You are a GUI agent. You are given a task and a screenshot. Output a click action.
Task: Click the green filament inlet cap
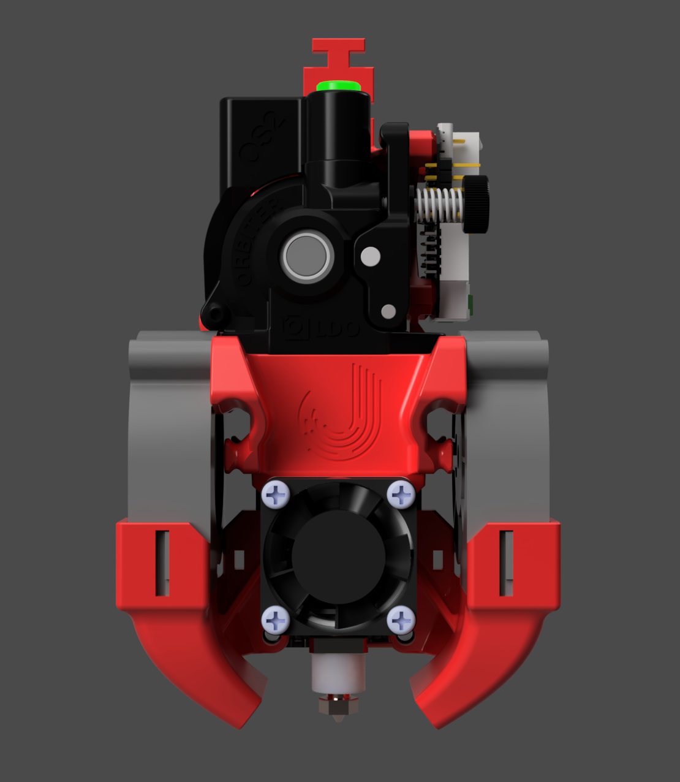coord(338,86)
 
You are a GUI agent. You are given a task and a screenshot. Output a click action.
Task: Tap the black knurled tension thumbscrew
coord(476,205)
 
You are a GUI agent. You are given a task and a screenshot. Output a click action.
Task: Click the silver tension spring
coord(439,205)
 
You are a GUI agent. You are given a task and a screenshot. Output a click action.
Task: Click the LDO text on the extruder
coord(337,330)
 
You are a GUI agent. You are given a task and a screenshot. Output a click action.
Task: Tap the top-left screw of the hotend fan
coord(276,493)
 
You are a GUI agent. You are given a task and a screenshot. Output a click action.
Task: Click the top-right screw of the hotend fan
coord(401,493)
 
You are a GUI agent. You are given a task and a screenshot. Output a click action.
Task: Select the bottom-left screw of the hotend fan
coord(276,620)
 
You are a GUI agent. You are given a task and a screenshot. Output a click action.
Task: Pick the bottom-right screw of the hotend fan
coord(401,620)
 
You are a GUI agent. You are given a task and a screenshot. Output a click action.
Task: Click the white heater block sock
coord(338,674)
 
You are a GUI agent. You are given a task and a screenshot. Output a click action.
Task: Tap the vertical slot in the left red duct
coord(162,563)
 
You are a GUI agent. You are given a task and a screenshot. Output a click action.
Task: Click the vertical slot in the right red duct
coord(506,563)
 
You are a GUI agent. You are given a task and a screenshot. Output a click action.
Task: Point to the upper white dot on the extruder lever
coord(370,256)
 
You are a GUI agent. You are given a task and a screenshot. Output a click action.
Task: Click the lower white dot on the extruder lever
coord(388,312)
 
